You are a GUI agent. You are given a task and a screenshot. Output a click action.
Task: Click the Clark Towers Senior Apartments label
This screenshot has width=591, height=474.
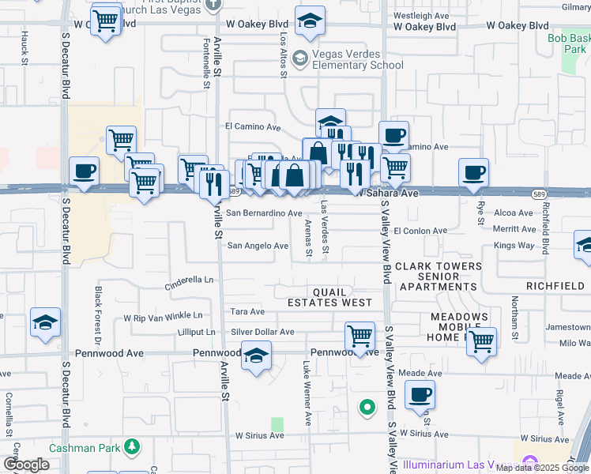438,276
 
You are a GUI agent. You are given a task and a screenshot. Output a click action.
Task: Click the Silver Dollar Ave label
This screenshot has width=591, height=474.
262,333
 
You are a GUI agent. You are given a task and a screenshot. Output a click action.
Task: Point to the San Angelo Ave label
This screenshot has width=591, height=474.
258,246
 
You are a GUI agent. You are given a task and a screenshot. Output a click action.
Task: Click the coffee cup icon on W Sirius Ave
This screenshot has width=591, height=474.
420,394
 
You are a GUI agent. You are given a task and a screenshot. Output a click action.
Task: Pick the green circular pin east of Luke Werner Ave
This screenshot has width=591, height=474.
367,408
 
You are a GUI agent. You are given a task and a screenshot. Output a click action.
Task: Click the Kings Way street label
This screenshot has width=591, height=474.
514,246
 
